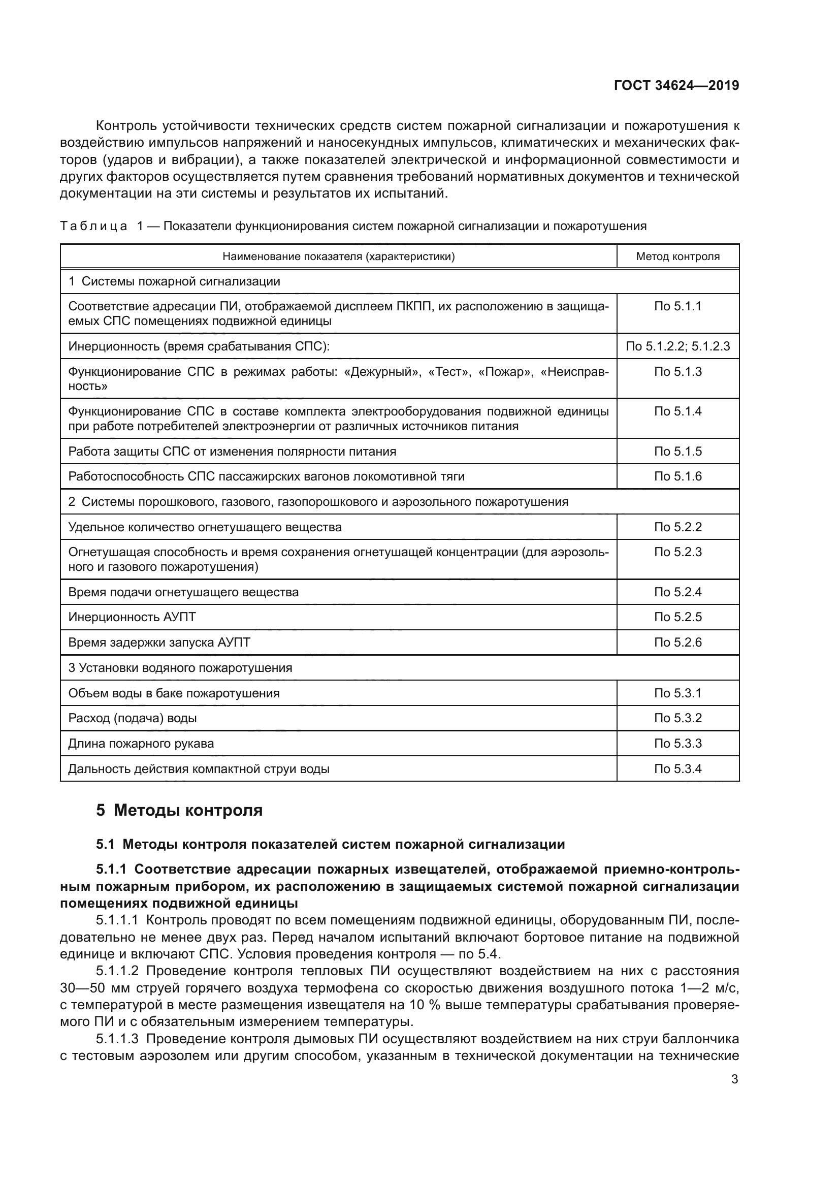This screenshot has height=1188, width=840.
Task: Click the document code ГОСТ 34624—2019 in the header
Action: coord(676,85)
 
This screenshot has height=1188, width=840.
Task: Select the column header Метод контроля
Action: coord(677,256)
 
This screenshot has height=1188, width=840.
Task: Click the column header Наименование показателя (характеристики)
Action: coord(338,256)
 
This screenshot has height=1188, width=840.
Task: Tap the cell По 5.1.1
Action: coord(677,306)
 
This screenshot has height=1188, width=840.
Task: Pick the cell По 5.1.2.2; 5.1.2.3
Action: coord(677,346)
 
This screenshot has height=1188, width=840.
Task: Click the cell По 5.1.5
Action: coord(677,451)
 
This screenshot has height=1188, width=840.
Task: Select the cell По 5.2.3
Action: coord(677,552)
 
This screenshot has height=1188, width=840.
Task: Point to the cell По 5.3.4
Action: coord(677,768)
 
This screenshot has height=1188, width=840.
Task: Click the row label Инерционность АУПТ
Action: coord(132,617)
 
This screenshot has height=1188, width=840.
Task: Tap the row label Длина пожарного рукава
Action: coord(141,744)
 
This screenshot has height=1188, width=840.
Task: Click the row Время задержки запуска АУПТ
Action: coord(159,642)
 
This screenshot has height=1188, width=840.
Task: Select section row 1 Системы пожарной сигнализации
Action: coord(174,281)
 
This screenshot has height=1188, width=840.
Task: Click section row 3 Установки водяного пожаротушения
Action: coord(180,667)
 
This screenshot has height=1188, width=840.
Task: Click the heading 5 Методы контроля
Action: coord(179,810)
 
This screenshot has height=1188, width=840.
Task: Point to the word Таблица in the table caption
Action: coord(93,226)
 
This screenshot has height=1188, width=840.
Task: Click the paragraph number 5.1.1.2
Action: coord(117,971)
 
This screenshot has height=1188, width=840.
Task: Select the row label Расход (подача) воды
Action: coord(133,718)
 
